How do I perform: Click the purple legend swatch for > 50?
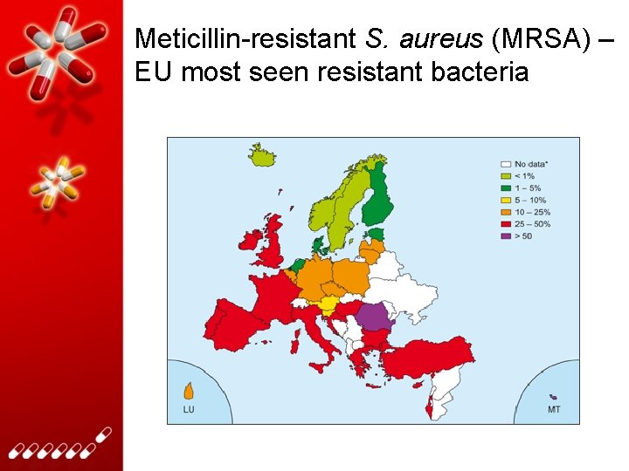(506, 235)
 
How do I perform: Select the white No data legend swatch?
(506, 163)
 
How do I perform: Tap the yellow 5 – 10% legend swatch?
(506, 200)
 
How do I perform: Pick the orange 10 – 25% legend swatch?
(506, 212)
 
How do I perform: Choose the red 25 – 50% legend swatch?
(506, 224)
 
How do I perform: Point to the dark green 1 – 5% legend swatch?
(506, 188)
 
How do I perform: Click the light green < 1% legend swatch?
(506, 175)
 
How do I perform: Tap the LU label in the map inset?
(189, 409)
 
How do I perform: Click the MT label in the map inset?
(554, 409)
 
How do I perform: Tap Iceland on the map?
(261, 157)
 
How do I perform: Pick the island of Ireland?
(251, 241)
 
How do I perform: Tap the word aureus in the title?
(431, 38)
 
